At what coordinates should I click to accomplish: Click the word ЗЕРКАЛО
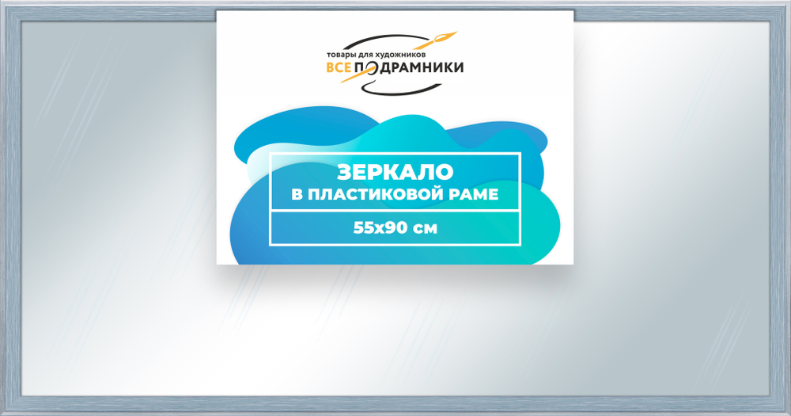click(395, 172)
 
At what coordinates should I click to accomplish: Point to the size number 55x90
click(377, 228)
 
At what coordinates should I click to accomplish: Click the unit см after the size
click(423, 228)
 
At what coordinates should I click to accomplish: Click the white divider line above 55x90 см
click(395, 212)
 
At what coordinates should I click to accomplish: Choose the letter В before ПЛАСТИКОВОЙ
click(297, 194)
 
